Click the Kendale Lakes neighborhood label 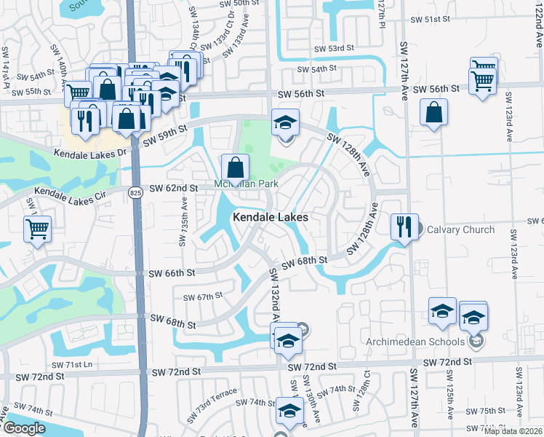coord(271,217)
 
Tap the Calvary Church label coord(460,229)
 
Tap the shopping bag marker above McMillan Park coord(235,168)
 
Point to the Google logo coord(24,428)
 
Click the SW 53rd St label coord(333,48)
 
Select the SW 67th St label coord(202,297)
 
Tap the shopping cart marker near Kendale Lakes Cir coord(37,229)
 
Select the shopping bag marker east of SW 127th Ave coord(433,113)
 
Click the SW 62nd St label coord(174,189)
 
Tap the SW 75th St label coord(487,411)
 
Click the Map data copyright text coord(513,431)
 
